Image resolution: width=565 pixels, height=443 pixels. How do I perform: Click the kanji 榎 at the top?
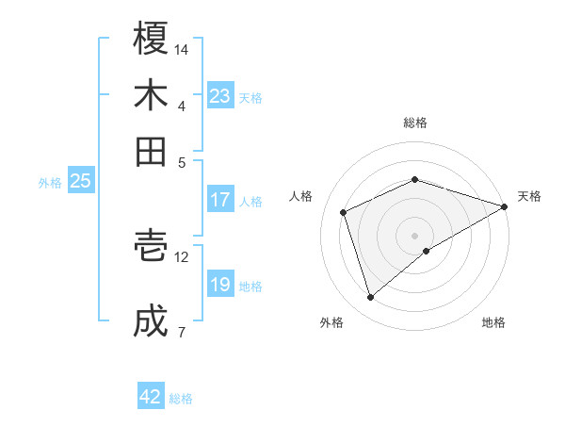(151, 39)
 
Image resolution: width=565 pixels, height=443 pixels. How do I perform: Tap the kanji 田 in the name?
(151, 151)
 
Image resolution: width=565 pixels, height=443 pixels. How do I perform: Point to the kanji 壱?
(151, 246)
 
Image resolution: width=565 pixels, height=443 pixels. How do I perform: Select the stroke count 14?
(182, 49)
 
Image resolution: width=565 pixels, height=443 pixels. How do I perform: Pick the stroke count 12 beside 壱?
(182, 256)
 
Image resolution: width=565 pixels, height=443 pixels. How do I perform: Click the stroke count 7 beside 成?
(182, 332)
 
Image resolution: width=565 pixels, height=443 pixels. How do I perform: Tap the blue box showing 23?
(220, 96)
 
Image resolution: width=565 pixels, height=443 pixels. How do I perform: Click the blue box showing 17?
(220, 200)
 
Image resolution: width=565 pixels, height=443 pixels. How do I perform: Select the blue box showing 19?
(220, 285)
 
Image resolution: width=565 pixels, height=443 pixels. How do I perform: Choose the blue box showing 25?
(81, 181)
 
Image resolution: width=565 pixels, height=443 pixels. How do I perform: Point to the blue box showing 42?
(151, 397)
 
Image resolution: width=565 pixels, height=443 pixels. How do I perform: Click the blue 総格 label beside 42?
(181, 399)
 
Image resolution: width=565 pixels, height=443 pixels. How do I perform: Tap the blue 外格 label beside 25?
(50, 183)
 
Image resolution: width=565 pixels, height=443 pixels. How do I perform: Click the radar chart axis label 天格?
(529, 196)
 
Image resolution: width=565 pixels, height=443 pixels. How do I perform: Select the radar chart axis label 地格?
(493, 322)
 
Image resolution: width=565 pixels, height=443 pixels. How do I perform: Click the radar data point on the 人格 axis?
(344, 212)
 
